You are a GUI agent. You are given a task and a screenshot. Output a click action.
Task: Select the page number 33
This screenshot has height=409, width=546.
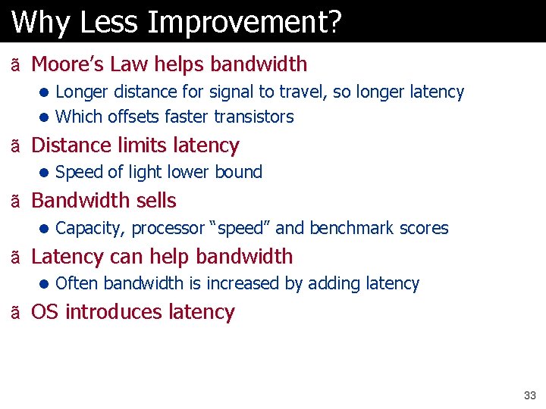529,395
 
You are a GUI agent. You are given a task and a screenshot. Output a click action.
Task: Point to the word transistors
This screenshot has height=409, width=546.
254,117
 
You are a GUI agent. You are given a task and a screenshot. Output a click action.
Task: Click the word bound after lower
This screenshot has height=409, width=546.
239,173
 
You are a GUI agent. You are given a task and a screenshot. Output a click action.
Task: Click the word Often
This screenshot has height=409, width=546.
77,283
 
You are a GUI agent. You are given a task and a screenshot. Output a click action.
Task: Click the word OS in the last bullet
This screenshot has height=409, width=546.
45,312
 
